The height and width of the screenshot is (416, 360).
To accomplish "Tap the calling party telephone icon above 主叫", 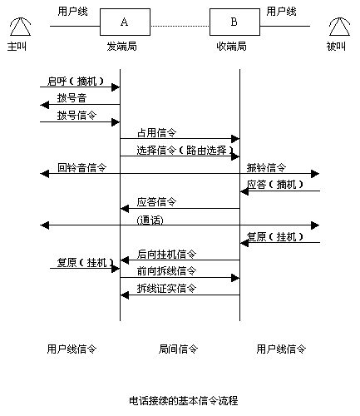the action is tap(20, 27).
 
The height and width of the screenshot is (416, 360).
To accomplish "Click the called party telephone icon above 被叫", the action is tap(339, 27).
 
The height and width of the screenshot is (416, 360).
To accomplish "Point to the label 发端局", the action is tap(122, 47).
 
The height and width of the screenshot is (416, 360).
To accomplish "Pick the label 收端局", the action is tap(231, 47).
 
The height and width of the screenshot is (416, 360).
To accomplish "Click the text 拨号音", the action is tap(72, 98).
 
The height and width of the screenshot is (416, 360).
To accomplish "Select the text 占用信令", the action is tap(156, 133).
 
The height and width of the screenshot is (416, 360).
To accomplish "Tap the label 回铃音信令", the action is tap(81, 167).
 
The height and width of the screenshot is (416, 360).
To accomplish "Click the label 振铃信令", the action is tap(266, 167).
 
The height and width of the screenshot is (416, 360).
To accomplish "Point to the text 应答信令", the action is tap(156, 202).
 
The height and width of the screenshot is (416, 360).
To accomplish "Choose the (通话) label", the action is tap(150, 220).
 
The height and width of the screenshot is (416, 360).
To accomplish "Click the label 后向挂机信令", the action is tap(166, 254).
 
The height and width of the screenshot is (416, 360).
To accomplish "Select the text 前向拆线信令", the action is tap(166, 271).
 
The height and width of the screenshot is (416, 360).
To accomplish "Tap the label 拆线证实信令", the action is tap(166, 289).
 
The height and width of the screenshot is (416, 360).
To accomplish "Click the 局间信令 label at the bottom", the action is tap(178, 349).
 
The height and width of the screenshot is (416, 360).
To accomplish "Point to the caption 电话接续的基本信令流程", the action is tap(184, 401).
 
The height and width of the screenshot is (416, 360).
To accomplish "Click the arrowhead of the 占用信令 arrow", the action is tap(235, 139).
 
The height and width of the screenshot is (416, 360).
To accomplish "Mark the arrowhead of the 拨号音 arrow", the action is tap(45, 105).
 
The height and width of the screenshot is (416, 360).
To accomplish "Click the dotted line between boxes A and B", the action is tap(180, 27).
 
